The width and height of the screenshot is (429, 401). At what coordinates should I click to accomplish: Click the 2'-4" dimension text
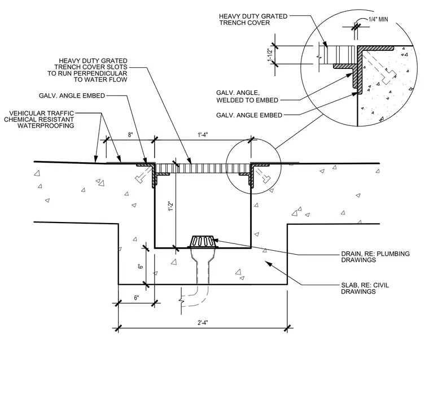click(x=203, y=322)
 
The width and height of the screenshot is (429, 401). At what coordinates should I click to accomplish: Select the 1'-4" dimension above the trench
click(x=203, y=134)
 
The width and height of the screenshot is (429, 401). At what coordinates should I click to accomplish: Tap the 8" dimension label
click(x=130, y=134)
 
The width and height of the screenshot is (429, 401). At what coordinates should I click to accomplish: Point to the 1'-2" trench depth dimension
click(x=171, y=206)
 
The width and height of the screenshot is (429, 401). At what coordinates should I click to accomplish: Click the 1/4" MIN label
click(x=378, y=19)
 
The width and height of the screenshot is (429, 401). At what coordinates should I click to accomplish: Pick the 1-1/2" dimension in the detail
click(x=270, y=55)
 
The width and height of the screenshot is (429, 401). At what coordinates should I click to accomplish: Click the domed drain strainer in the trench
click(x=203, y=241)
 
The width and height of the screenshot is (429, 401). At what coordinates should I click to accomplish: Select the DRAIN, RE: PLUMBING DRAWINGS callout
click(x=375, y=257)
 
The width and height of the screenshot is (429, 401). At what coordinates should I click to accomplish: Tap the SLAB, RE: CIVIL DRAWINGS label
click(x=365, y=288)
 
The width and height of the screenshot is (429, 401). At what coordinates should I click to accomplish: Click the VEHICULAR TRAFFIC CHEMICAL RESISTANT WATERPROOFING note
click(x=39, y=119)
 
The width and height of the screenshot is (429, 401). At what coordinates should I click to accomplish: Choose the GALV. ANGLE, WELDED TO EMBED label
click(x=247, y=97)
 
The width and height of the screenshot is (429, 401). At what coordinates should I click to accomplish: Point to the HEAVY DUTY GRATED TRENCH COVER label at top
click(x=253, y=19)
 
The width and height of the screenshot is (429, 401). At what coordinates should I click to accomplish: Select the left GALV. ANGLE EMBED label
click(x=72, y=95)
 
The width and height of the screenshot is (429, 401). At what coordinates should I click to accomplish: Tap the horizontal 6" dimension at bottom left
click(x=137, y=298)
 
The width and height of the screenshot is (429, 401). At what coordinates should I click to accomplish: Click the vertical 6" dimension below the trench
click(x=141, y=266)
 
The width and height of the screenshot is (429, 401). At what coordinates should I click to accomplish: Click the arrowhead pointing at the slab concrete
click(x=268, y=264)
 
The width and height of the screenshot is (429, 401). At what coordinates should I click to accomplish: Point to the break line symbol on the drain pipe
click(x=181, y=301)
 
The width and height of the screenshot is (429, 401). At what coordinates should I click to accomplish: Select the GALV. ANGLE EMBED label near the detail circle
click(x=249, y=115)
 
